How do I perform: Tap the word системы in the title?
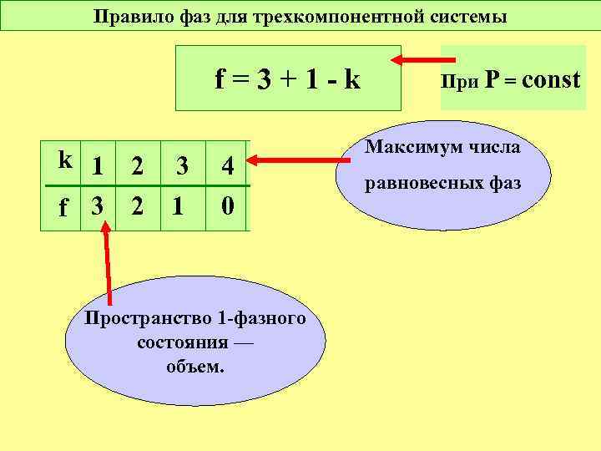tap(474, 16)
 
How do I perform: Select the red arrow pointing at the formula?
tap(424, 60)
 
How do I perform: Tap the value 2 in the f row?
tap(137, 205)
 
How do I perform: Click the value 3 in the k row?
tap(181, 167)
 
